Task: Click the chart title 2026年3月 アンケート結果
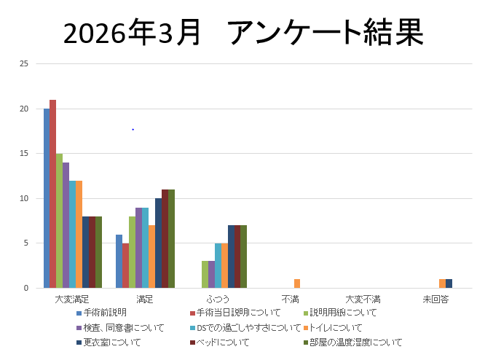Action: coord(243,33)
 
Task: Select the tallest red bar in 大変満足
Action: coord(52,194)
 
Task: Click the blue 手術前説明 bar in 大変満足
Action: coord(46,198)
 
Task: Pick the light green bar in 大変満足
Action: coord(59,221)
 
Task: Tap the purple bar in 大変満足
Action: coord(66,225)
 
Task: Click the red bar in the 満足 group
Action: coord(125,265)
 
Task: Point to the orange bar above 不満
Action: coord(297,283)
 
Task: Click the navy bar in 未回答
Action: coord(449,283)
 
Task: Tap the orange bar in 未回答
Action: coord(442,283)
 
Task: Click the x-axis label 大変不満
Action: coord(363,299)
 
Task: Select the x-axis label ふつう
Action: coord(218,299)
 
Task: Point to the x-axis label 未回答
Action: coord(435,299)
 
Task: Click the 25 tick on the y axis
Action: coord(24,64)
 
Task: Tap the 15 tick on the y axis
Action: coord(24,154)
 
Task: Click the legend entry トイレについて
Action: coord(336,327)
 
